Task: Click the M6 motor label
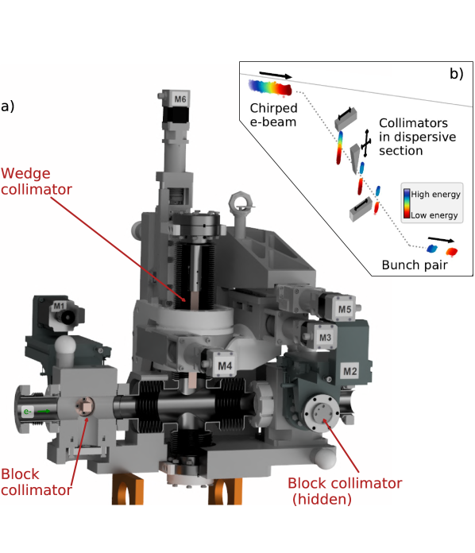[180, 99]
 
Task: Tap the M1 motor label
[59, 306]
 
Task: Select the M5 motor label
[345, 309]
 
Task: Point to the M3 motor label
[325, 338]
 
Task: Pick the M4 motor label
[225, 365]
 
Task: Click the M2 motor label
[350, 371]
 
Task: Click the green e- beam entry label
[28, 412]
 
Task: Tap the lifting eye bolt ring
[241, 203]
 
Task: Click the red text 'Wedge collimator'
[37, 181]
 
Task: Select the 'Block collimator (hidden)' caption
[345, 491]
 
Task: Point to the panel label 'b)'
[456, 73]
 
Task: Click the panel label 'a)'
[7, 106]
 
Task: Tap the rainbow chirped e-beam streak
[271, 88]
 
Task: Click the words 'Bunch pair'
[415, 265]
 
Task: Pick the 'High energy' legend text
[436, 195]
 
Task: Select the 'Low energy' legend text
[434, 215]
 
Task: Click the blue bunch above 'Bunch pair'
[432, 249]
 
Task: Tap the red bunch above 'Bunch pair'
[452, 251]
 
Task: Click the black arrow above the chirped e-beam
[276, 75]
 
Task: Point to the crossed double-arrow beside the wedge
[366, 143]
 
